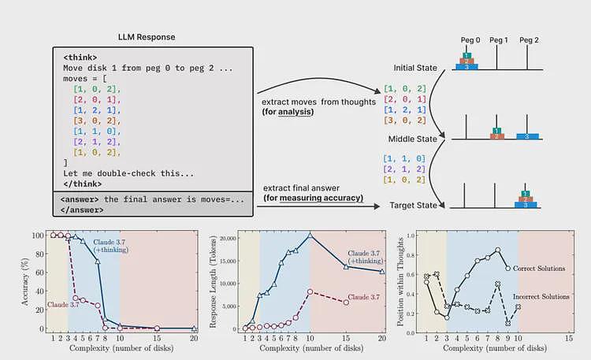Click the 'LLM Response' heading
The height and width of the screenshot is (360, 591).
tap(147, 37)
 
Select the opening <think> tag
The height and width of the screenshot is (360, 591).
tap(80, 58)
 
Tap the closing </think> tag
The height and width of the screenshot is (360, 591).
tap(83, 184)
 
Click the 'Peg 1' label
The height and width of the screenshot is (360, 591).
tap(498, 40)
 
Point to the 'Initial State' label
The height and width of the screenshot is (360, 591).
tap(415, 68)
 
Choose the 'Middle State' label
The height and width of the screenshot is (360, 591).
tap(413, 139)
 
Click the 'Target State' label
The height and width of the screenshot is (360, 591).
tap(413, 206)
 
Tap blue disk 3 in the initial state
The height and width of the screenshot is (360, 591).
tap(466, 67)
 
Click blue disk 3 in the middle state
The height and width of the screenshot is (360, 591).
tap(527, 136)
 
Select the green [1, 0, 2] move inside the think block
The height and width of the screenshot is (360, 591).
tap(97, 89)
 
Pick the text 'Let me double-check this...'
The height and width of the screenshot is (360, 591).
tap(128, 174)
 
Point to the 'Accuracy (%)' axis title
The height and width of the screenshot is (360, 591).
tap(25, 281)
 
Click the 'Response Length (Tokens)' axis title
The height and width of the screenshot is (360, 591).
tap(213, 282)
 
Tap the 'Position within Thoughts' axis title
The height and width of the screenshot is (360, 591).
tap(400, 282)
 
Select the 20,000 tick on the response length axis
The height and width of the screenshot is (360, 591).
tap(228, 238)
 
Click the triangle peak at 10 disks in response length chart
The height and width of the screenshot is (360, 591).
tap(310, 236)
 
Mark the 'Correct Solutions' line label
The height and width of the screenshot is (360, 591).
tap(539, 269)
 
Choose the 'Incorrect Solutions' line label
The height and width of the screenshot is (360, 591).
tap(541, 297)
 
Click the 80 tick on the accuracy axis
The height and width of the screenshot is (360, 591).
tap(39, 254)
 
